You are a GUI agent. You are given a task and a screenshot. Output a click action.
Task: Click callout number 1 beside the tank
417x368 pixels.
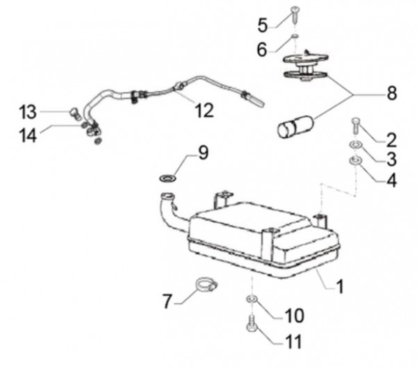[x=340, y=284]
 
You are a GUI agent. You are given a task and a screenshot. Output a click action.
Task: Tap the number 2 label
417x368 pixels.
[x=391, y=138]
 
